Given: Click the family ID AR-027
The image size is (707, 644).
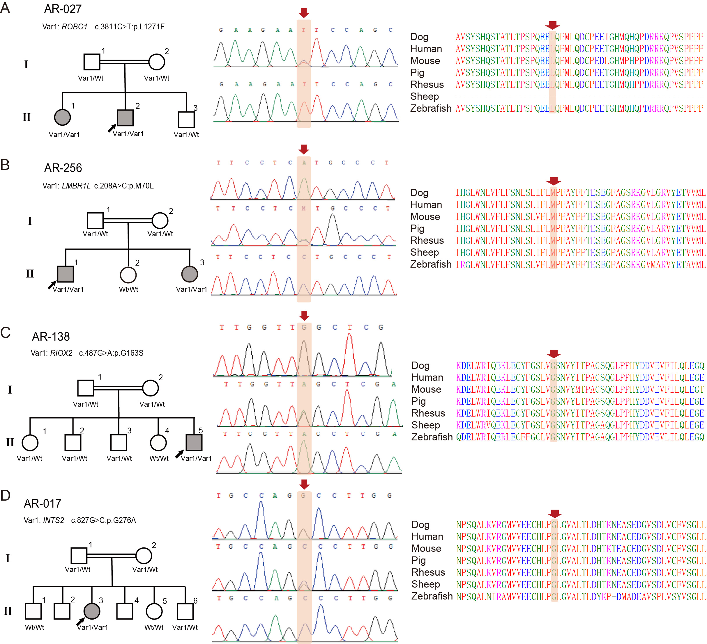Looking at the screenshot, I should pyautogui.click(x=63, y=9).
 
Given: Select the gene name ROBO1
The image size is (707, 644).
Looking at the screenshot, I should pyautogui.click(x=74, y=27).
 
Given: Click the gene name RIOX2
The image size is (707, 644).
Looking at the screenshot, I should pyautogui.click(x=61, y=353).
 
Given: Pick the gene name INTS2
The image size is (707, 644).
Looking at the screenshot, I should pyautogui.click(x=54, y=520).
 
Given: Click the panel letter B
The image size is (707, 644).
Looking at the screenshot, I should pyautogui.click(x=5, y=165).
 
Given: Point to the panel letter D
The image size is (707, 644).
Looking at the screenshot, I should pyautogui.click(x=5, y=495).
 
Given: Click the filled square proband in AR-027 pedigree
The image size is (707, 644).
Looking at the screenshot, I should pyautogui.click(x=125, y=118).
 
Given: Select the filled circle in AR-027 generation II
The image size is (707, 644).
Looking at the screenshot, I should pyautogui.click(x=62, y=118).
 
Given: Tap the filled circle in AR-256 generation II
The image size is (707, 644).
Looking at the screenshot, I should pyautogui.click(x=190, y=274).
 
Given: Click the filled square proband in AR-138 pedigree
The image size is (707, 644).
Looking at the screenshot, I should pyautogui.click(x=194, y=442).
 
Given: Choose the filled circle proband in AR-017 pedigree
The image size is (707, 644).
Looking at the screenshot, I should pyautogui.click(x=92, y=611).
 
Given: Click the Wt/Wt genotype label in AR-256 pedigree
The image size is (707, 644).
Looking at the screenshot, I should pyautogui.click(x=129, y=289).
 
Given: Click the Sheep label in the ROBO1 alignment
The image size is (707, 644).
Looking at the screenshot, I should pyautogui.click(x=425, y=96).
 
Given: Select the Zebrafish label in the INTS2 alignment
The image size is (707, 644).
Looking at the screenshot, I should pyautogui.click(x=432, y=596).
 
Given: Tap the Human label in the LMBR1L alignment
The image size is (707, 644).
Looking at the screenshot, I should pyautogui.click(x=426, y=204).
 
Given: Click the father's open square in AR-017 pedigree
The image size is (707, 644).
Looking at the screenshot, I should pyautogui.click(x=79, y=556).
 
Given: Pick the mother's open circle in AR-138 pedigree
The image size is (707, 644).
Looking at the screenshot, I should pyautogui.click(x=151, y=388).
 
